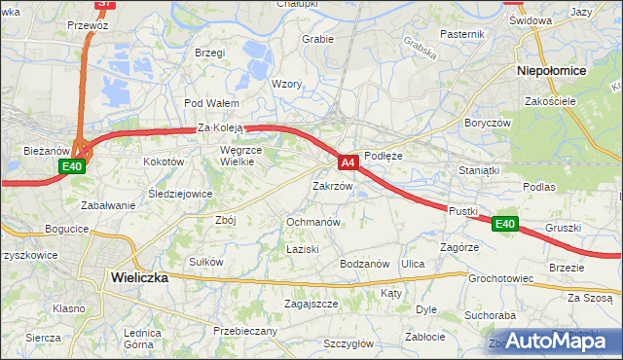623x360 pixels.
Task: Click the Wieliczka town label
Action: [x=140, y=277]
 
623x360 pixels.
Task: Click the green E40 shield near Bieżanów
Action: [x=72, y=166]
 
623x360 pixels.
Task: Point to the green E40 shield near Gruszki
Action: [x=504, y=224]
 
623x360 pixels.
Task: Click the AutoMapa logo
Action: [x=558, y=341]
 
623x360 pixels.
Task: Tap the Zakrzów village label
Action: [x=332, y=185]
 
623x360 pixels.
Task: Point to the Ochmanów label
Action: [x=312, y=222]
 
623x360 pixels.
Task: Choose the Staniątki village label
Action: [x=479, y=170]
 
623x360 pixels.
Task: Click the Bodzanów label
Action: [x=365, y=264]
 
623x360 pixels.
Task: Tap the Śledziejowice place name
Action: [x=181, y=194]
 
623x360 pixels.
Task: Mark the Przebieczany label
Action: [x=244, y=331]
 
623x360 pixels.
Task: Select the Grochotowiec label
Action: [x=500, y=278]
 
